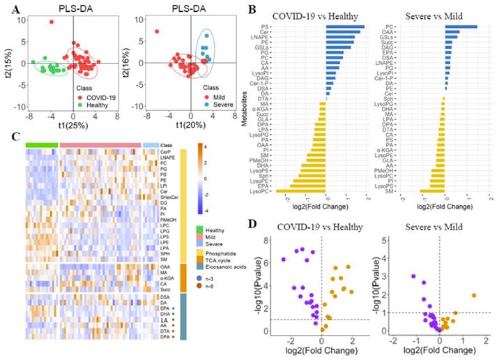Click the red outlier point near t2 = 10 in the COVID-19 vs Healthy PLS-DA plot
[52, 22]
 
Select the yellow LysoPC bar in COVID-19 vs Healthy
[302, 190]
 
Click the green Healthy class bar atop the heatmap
[43, 144]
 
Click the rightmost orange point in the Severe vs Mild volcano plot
[474, 295]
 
